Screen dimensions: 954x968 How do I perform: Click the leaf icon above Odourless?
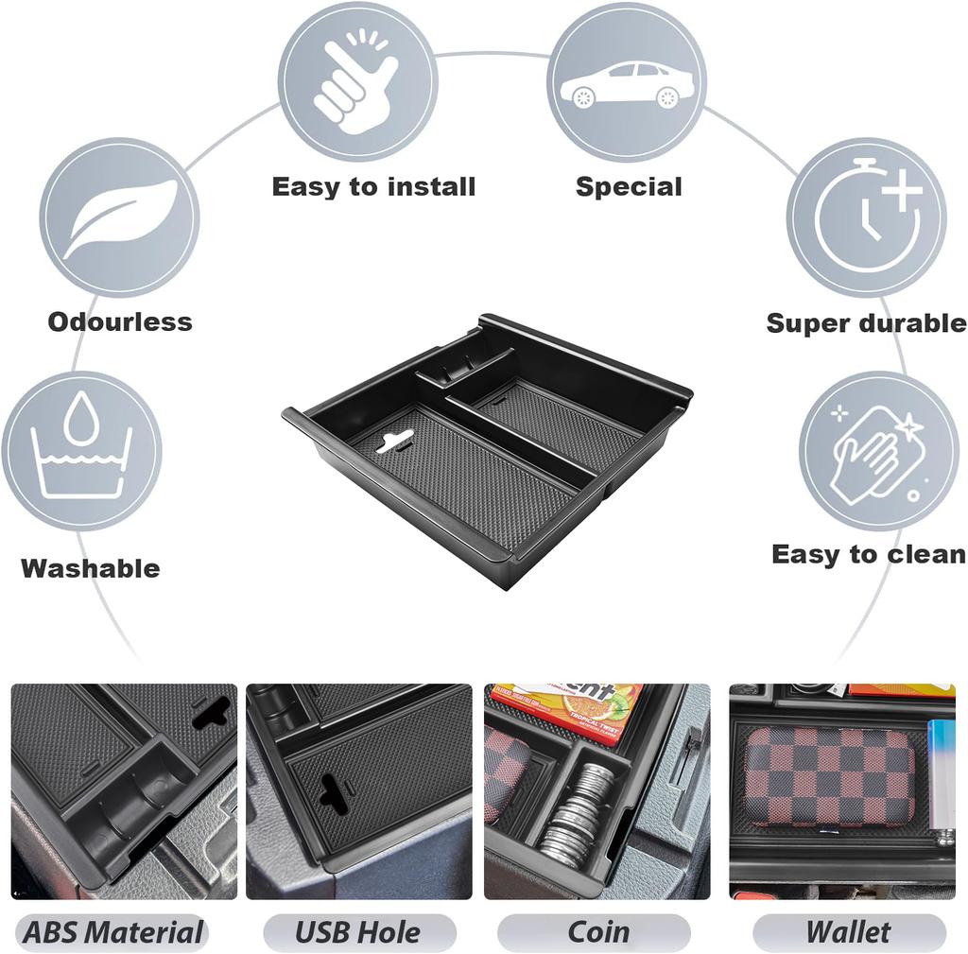(x=119, y=217)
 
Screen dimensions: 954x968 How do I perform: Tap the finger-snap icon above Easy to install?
(x=356, y=80)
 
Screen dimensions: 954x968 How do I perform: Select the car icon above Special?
(x=626, y=82)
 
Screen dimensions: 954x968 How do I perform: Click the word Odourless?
(x=120, y=321)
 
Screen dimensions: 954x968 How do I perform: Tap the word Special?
(x=629, y=186)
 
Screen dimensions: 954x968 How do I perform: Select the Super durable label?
(x=866, y=323)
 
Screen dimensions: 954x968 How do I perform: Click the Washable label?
(x=91, y=568)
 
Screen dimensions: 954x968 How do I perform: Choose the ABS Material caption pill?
(x=112, y=932)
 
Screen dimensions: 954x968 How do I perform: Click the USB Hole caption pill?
(x=358, y=932)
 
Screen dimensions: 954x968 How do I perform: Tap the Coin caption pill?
(x=598, y=932)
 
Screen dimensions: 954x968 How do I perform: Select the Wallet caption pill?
(x=848, y=932)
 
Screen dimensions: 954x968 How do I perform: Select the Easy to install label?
(x=373, y=186)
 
